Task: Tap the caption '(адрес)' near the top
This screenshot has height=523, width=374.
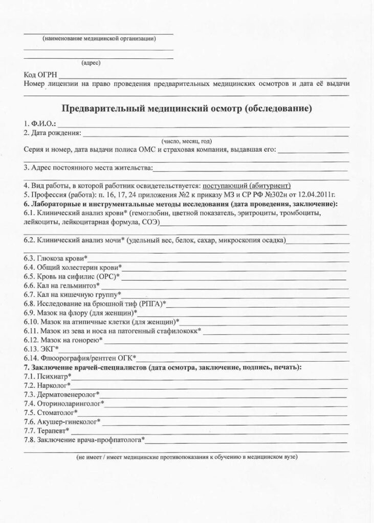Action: (91, 63)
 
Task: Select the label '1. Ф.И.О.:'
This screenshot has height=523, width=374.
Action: (40, 124)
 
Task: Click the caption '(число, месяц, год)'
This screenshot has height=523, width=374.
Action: (186, 141)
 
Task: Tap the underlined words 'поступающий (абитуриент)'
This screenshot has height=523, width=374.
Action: (247, 185)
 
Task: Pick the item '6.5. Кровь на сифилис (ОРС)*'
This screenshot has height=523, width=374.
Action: (72, 276)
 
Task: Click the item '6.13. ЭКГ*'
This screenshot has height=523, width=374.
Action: (41, 349)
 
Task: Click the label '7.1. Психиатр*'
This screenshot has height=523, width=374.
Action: (48, 376)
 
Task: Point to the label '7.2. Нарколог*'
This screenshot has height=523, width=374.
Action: (48, 385)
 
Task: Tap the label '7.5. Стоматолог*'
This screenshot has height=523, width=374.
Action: (51, 412)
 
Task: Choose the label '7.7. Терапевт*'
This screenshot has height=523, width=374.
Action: (47, 431)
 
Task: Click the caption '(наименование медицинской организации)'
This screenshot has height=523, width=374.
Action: (99, 39)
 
